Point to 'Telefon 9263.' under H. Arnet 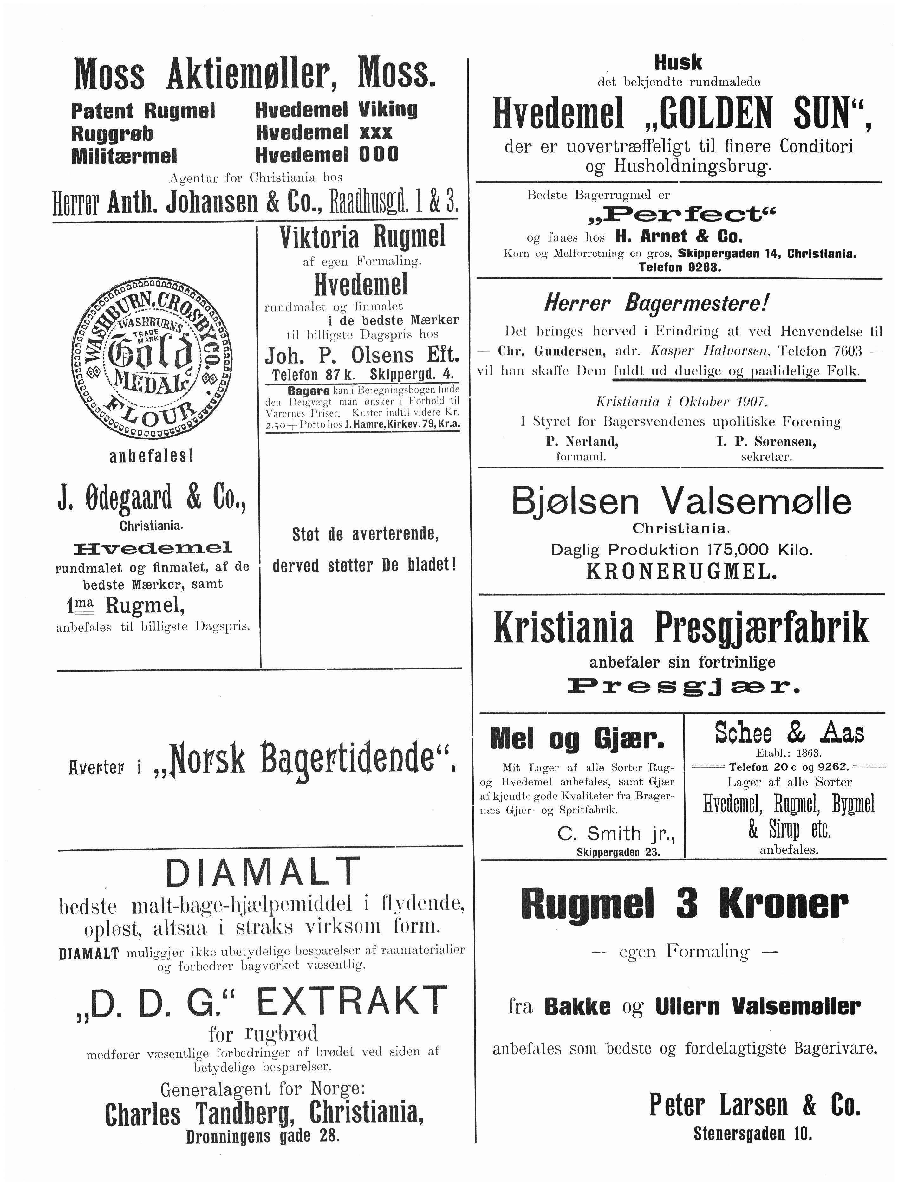click(680, 267)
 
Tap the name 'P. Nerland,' click(582, 441)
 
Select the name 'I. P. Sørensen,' click(766, 441)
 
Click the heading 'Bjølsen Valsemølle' click(681, 501)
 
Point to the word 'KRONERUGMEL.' click(681, 572)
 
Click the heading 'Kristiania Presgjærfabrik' click(681, 628)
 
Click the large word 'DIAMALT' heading click(263, 872)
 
